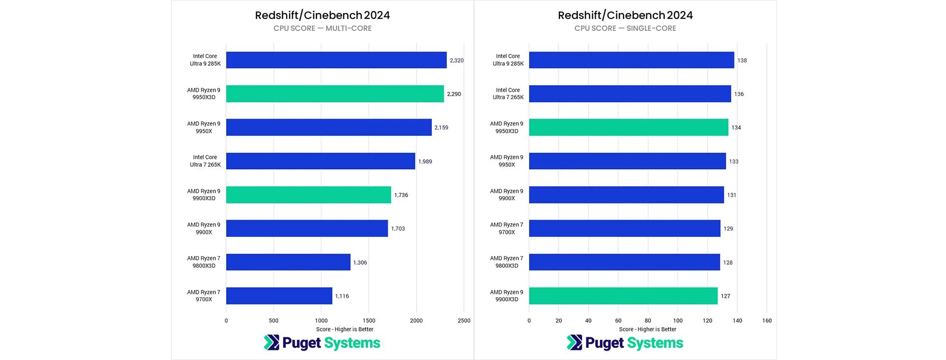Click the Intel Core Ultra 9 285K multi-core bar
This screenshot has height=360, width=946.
pos(336,60)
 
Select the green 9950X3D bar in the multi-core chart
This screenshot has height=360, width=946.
pos(335,94)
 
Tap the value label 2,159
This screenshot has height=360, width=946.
pos(441,128)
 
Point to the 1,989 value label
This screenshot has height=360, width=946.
pos(425,161)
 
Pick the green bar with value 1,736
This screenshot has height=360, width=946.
pos(308,195)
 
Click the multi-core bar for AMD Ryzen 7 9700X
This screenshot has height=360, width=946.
pos(279,296)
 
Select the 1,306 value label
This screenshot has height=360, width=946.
pos(360,262)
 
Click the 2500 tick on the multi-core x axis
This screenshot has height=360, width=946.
pos(464,320)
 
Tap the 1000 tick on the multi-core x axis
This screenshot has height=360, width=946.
pos(321,320)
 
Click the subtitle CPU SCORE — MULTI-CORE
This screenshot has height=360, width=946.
pos(322,29)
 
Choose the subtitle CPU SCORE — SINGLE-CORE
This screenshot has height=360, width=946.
pos(625,29)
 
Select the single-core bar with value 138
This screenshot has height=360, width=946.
pos(631,60)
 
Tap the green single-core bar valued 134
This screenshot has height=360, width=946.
pos(629,128)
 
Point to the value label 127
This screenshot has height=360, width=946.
pos(725,296)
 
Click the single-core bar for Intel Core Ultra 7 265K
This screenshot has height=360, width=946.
pos(630,94)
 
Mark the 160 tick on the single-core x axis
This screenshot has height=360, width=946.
pos(767,320)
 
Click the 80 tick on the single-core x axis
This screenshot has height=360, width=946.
pos(648,320)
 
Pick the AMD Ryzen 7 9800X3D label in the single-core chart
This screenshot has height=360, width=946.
pos(507,262)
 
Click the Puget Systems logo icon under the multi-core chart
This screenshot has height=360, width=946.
pos(272,343)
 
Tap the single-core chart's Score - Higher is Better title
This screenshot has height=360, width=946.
pos(647,329)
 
